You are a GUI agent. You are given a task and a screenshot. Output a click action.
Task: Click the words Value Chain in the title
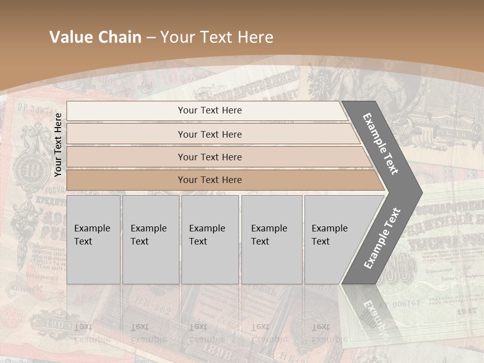coord(95,37)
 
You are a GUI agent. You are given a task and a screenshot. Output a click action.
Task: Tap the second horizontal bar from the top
coord(209,134)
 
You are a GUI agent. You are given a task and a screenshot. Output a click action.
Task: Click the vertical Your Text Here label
coord(58,144)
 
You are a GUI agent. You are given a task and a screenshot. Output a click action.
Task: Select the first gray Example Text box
coord(93,239)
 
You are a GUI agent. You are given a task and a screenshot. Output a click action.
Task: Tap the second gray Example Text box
coord(150,239)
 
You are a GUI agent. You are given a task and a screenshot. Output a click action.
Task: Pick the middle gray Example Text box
coord(210,239)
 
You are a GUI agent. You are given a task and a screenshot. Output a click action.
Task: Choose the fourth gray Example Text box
coord(272,239)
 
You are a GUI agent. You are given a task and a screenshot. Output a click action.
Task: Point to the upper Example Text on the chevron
coord(381,144)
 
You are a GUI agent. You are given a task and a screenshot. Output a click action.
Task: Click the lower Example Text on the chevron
coord(382,238)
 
